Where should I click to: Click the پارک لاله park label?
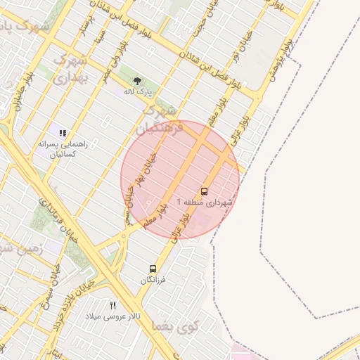click(x=139, y=91)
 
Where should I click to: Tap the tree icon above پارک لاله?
click(x=138, y=81)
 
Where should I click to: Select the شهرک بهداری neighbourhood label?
click(x=69, y=67)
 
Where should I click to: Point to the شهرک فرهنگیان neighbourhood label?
click(x=162, y=119)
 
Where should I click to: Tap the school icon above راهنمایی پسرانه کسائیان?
click(x=63, y=132)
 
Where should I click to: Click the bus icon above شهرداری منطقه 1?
click(x=205, y=191)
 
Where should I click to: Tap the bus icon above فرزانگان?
click(x=153, y=269)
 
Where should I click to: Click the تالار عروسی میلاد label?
click(x=113, y=316)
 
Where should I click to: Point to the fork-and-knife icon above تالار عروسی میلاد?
click(x=113, y=305)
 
